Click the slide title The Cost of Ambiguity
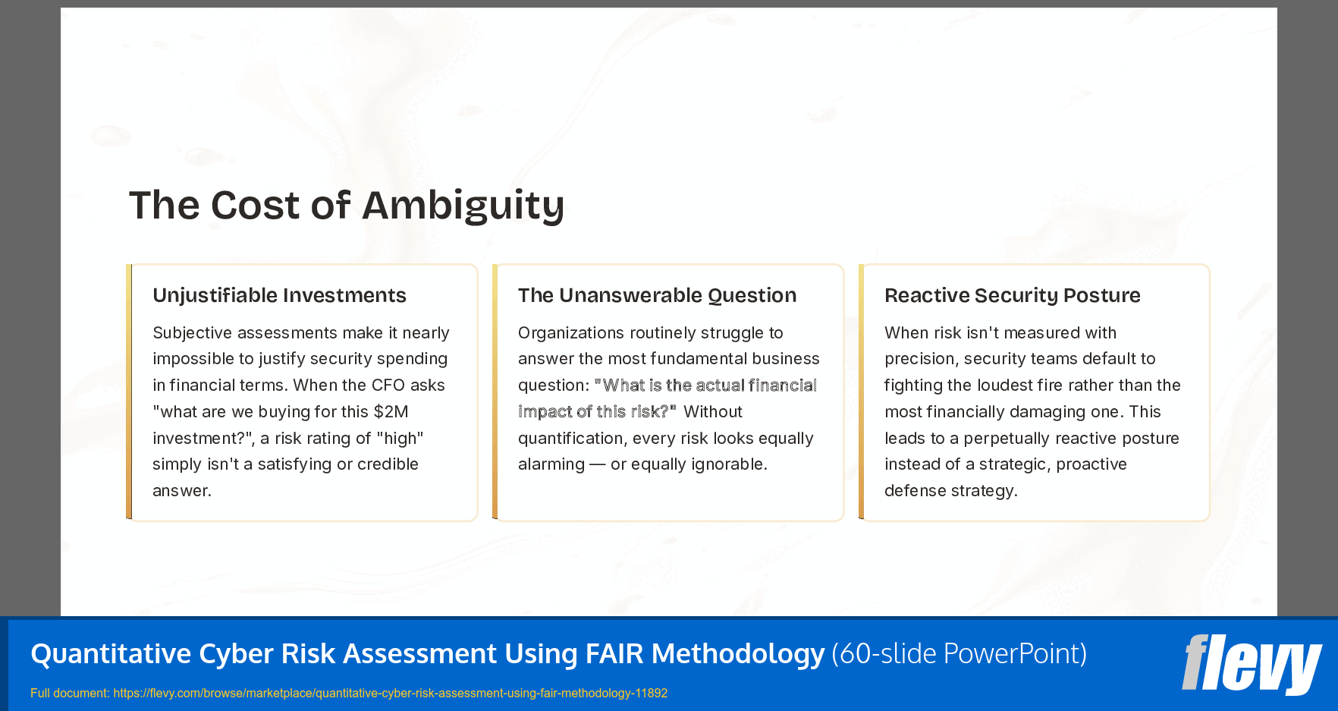(347, 205)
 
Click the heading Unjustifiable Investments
(279, 295)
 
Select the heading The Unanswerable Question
(657, 295)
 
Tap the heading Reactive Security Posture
(1012, 295)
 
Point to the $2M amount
(391, 412)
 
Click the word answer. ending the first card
(182, 491)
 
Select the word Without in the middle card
(712, 412)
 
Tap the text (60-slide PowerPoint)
(959, 653)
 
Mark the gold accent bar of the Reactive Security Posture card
(861, 392)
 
